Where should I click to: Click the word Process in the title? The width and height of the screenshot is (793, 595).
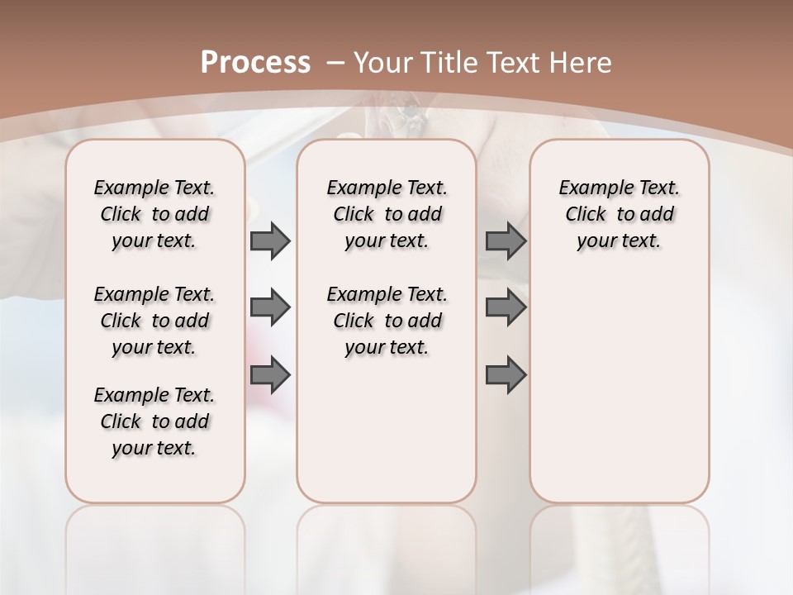[256, 62]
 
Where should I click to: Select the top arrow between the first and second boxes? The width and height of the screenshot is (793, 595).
[270, 241]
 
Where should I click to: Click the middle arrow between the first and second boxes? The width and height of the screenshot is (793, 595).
[270, 307]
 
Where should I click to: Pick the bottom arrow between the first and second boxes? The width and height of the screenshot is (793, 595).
[270, 376]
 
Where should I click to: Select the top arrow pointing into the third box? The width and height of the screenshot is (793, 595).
[506, 241]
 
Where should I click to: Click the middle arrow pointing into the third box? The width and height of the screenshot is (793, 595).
[506, 307]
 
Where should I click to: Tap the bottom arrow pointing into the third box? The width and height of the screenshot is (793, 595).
[506, 376]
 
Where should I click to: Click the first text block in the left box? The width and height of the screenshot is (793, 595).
[154, 214]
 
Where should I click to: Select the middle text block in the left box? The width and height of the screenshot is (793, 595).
[154, 321]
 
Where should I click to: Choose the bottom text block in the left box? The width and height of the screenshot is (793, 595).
[154, 421]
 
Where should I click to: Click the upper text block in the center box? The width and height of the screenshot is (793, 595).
[387, 214]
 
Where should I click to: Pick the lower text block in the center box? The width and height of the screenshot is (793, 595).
[387, 321]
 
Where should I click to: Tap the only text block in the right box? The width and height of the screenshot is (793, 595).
[619, 214]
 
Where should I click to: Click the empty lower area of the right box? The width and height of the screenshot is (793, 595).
[619, 388]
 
